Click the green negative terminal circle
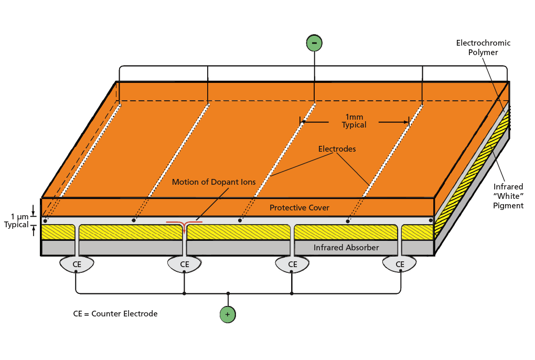tap(314, 43)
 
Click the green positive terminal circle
tap(228, 314)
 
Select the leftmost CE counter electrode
tap(77, 264)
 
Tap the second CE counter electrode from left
tap(185, 264)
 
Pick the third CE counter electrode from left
tap(293, 264)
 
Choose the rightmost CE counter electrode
tap(400, 264)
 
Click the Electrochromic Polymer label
tap(483, 48)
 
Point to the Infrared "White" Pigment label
tap(508, 196)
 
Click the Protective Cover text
tap(299, 208)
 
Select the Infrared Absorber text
tap(346, 248)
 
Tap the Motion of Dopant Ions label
tap(214, 182)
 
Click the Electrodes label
tap(337, 149)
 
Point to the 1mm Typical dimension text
tap(354, 121)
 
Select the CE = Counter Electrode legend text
tap(115, 314)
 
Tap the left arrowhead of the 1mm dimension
tap(304, 122)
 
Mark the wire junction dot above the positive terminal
tap(228, 293)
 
